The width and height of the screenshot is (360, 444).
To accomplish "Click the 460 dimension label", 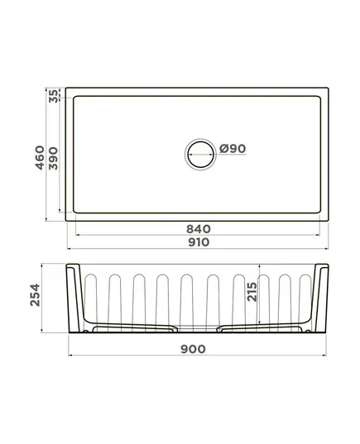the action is [40, 158].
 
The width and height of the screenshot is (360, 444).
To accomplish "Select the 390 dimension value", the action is [53, 159].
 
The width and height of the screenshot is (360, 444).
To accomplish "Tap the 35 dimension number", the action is [53, 96].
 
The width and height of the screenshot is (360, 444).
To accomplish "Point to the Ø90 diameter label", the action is [233, 148].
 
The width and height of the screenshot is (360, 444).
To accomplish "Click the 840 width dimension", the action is [199, 229].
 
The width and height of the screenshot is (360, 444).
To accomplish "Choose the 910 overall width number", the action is [199, 242].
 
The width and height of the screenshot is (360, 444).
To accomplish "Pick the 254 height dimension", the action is [35, 295].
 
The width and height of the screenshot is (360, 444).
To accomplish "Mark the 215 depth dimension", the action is [252, 292].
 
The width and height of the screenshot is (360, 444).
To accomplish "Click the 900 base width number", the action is [193, 349].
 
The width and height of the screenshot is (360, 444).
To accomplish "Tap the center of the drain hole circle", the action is [200, 155].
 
